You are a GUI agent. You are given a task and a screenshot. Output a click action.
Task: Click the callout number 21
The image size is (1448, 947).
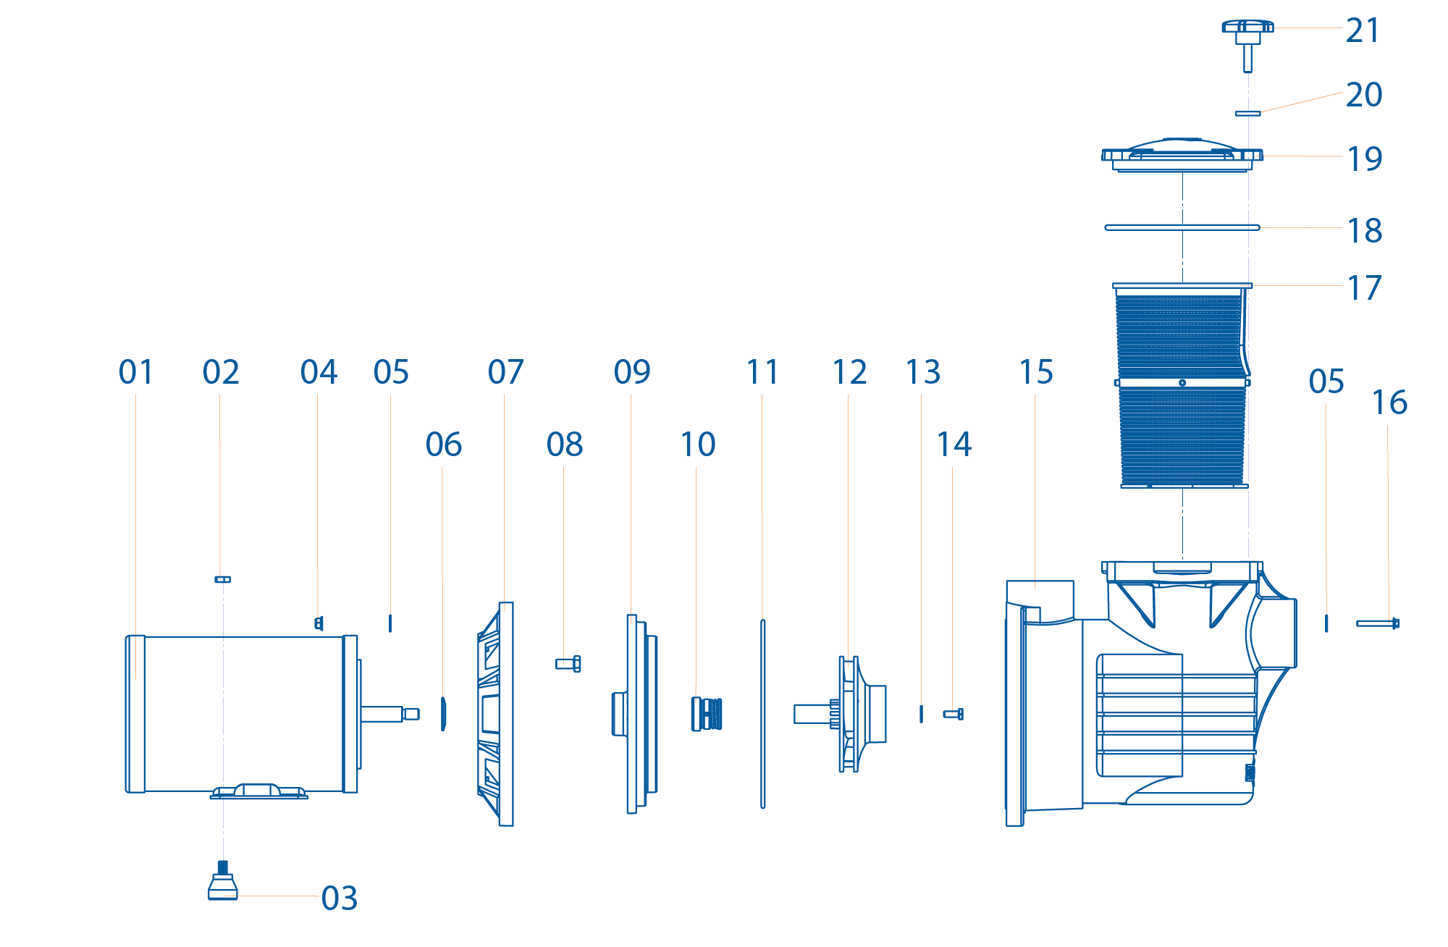(1363, 30)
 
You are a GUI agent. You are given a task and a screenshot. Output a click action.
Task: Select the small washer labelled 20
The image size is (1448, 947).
(1247, 114)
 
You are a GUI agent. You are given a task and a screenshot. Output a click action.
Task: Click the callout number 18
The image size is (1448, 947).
(1364, 231)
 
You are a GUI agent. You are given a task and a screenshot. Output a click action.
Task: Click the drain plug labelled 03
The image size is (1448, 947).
(222, 884)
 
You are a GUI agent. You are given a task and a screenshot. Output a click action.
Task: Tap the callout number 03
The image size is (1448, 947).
(339, 898)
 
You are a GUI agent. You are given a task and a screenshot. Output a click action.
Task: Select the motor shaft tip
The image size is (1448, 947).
(411, 714)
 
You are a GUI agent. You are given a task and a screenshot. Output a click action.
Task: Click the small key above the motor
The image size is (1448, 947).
(222, 579)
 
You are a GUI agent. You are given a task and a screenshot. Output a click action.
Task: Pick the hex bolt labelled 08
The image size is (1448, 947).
(568, 663)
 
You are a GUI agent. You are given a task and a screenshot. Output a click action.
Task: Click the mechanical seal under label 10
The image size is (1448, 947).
(707, 714)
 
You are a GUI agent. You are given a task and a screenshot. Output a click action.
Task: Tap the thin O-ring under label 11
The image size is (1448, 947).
(762, 714)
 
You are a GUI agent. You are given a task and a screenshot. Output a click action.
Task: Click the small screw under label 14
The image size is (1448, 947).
(953, 714)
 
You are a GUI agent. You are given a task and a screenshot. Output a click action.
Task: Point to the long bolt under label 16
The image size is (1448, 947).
(1377, 623)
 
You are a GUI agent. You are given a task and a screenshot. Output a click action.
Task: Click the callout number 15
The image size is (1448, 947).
(1035, 373)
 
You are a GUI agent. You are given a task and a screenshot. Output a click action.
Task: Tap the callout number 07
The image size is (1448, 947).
(505, 373)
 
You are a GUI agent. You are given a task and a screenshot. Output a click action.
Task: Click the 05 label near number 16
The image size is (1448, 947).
(1326, 382)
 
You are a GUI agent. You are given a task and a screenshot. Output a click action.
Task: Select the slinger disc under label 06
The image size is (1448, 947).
(443, 714)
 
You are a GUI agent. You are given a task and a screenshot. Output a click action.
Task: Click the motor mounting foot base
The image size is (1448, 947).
(259, 793)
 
